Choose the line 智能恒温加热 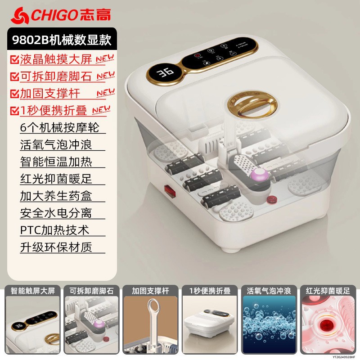click(56, 162)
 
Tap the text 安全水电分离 click(56, 213)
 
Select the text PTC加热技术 click(54, 230)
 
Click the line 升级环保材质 click(56, 247)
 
